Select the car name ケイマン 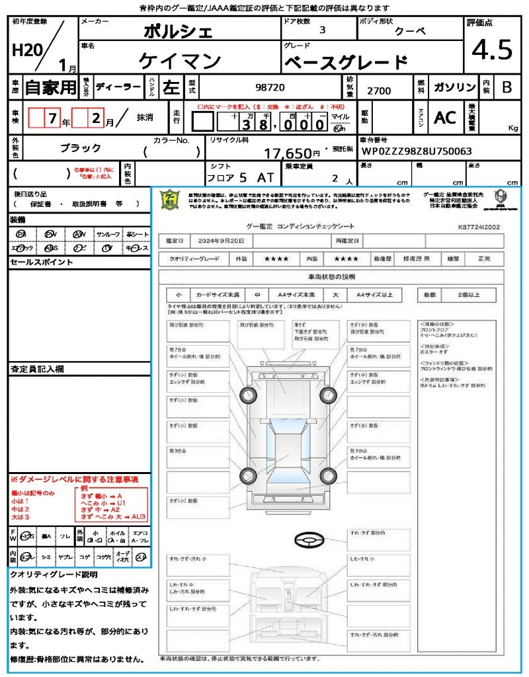pyautogui.click(x=179, y=61)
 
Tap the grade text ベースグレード pyautogui.click(x=345, y=63)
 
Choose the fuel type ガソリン pyautogui.click(x=454, y=87)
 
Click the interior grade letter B pyautogui.click(x=507, y=87)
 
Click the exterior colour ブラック pyautogui.click(x=81, y=148)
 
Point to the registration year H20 pyautogui.click(x=26, y=51)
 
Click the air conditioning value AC pyautogui.click(x=445, y=118)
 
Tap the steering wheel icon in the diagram pyautogui.click(x=309, y=540)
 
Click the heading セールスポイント pyautogui.click(x=41, y=262)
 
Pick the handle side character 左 pyautogui.click(x=171, y=87)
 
